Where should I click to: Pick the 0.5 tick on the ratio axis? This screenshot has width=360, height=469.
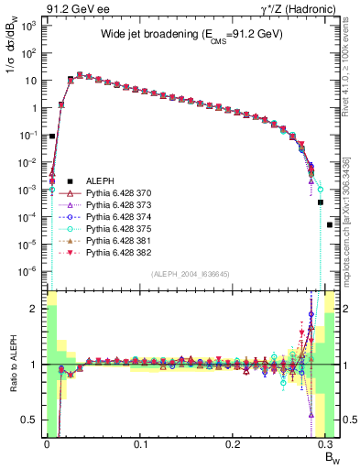[x=31, y=420]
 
